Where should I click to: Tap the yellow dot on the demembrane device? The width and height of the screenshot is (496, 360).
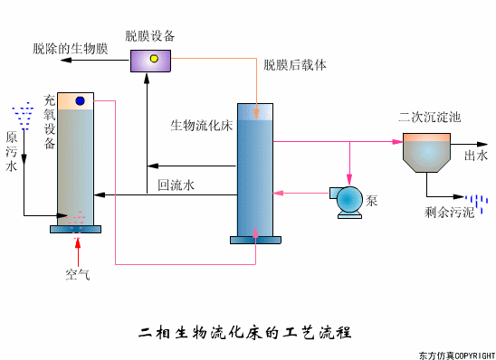pyautogui.click(x=154, y=59)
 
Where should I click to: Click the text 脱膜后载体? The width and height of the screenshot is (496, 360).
pyautogui.click(x=294, y=65)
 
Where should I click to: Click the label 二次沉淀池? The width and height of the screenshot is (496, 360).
pyautogui.click(x=430, y=118)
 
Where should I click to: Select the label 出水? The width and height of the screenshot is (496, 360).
pyautogui.click(x=476, y=156)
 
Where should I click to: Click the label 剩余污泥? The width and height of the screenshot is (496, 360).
pyautogui.click(x=449, y=214)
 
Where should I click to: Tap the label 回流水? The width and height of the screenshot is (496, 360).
pyautogui.click(x=176, y=185)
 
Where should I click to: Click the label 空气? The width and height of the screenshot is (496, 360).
pyautogui.click(x=77, y=274)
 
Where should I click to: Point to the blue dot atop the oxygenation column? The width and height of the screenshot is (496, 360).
pyautogui.click(x=80, y=100)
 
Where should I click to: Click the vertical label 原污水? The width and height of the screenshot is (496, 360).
pyautogui.click(x=12, y=152)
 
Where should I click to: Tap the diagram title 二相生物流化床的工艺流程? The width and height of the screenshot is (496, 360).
pyautogui.click(x=246, y=332)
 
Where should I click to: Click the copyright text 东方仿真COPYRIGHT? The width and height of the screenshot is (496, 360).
pyautogui.click(x=456, y=354)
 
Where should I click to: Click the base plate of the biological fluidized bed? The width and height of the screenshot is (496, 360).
pyautogui.click(x=256, y=240)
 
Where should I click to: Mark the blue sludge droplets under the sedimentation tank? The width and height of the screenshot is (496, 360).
pyautogui.click(x=475, y=204)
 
